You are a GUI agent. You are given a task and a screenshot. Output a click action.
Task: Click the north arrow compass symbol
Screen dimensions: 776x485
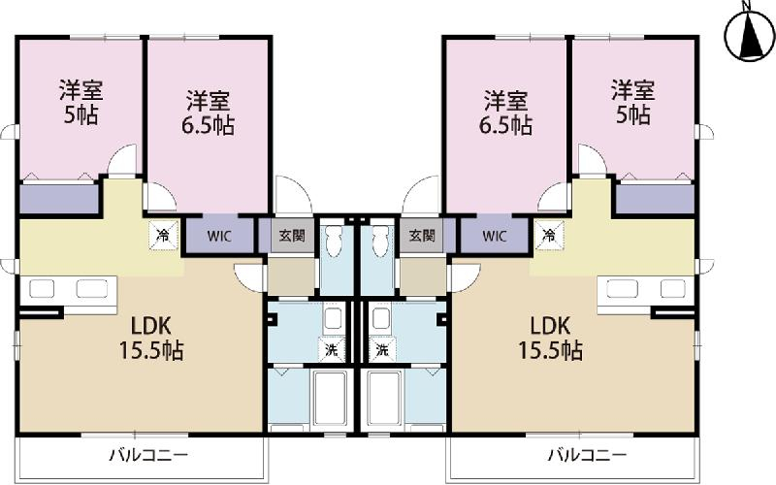coord(749,35)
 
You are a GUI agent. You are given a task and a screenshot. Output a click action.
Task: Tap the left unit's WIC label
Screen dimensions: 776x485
coord(219,236)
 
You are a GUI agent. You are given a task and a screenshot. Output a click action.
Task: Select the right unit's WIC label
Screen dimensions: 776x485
coord(495,236)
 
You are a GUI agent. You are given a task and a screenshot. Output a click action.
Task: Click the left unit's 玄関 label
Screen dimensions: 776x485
coord(292,236)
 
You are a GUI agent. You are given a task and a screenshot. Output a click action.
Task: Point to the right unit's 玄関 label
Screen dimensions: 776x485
coord(422,236)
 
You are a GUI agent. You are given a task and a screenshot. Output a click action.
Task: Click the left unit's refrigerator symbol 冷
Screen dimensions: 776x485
coord(163,235)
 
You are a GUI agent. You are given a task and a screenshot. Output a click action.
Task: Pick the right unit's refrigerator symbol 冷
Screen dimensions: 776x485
coord(549,235)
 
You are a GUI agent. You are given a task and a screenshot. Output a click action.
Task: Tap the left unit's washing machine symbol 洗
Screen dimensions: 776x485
coord(332,350)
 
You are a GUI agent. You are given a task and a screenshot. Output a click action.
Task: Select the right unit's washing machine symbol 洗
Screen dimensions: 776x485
coord(382,350)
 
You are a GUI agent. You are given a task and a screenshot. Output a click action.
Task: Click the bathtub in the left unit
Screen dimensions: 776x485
coord(330,399)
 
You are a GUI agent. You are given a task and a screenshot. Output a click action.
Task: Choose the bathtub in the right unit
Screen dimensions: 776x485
coord(384,399)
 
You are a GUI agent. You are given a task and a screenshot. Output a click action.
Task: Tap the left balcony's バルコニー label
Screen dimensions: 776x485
coord(148,454)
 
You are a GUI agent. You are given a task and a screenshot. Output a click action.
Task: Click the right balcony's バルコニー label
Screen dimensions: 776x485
coord(588,454)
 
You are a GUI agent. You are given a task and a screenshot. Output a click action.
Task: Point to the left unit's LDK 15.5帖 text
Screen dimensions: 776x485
coord(151,339)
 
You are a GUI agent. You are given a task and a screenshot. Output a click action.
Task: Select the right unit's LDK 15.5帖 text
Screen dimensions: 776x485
coord(550,339)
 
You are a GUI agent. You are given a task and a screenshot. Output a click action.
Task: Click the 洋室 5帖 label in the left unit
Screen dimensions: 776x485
coord(81,102)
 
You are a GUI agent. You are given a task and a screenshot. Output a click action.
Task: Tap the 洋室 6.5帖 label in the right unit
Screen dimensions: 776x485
coord(505,113)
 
